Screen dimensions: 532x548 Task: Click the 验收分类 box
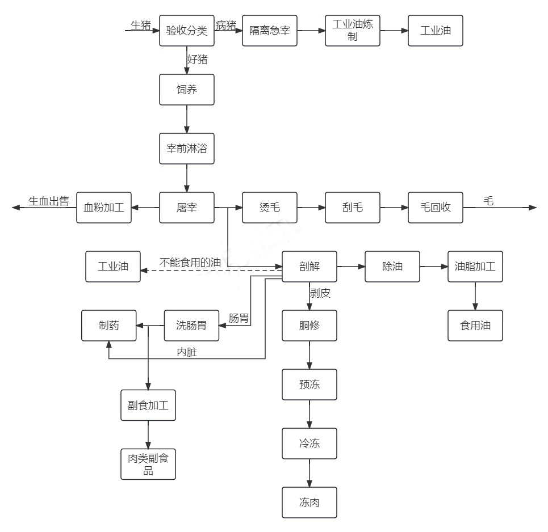click(187, 31)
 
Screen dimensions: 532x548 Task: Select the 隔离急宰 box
click(270, 31)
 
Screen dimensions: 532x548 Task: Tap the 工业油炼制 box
click(353, 31)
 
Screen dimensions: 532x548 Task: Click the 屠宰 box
click(187, 208)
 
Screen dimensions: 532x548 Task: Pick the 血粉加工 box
click(104, 208)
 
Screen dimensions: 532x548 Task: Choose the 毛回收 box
click(436, 208)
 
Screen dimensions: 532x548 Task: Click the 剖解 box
click(309, 267)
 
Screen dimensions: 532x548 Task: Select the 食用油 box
click(475, 326)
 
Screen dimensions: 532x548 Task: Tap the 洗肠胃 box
click(191, 326)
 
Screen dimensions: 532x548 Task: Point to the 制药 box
click(109, 326)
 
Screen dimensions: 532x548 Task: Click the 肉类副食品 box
click(148, 464)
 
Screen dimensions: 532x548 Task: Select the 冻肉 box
click(309, 503)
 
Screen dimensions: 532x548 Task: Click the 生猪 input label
click(141, 25)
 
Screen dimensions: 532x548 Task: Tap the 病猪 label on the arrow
click(225, 25)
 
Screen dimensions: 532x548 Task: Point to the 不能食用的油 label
click(190, 263)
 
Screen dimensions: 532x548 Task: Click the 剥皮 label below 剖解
click(320, 294)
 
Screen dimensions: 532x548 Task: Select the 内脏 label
click(187, 353)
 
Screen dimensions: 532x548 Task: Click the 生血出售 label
click(49, 201)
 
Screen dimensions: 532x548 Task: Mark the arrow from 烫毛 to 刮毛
click(311, 208)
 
